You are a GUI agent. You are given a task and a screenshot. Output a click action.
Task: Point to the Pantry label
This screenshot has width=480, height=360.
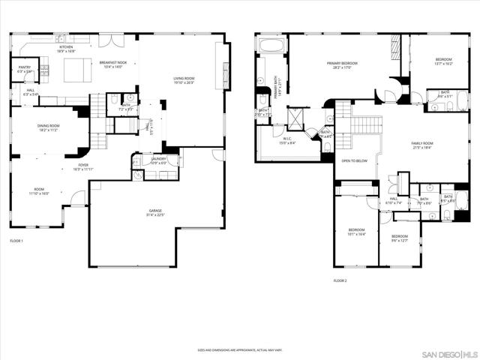click(24, 70)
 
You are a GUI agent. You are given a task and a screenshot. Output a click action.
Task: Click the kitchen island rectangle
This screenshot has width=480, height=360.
click(76, 70)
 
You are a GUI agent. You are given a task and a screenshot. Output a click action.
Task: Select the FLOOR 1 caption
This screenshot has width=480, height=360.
click(16, 241)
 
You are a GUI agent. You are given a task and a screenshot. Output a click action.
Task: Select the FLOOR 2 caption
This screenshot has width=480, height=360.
click(340, 281)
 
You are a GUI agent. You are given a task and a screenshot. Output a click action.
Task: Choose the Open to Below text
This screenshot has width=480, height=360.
click(354, 160)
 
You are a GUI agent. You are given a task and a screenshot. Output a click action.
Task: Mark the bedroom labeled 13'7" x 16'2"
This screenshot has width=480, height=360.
click(443, 61)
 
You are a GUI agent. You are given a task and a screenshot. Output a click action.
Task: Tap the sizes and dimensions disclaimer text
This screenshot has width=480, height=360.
click(239, 350)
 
